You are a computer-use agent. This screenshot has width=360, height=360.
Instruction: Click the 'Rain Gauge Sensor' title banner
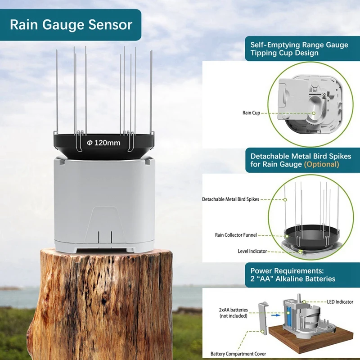[71, 24]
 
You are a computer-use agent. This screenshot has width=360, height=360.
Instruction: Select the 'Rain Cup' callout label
[251, 112]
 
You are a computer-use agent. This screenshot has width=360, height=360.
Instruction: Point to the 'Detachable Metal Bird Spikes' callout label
[230, 199]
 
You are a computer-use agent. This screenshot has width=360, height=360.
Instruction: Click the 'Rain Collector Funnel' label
[241, 235]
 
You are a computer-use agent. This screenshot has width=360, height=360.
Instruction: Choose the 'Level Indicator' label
[252, 251]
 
